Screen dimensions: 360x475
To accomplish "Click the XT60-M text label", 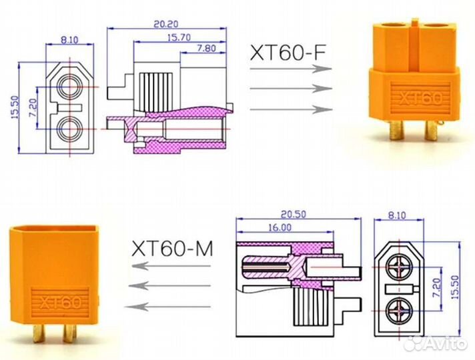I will point(172,249).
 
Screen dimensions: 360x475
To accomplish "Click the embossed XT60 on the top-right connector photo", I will point(420,99).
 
